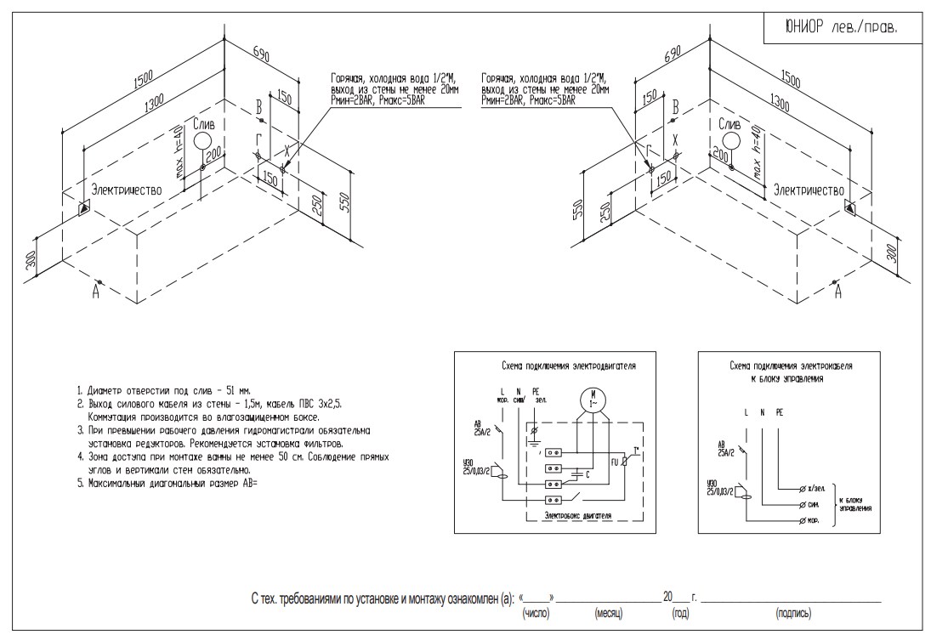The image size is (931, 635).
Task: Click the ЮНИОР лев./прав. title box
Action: point(839,27)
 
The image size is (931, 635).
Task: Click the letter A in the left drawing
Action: point(97,292)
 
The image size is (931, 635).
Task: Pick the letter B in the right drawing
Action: point(675,107)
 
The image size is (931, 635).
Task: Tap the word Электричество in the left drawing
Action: point(127,190)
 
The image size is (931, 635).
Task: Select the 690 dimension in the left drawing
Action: point(260,57)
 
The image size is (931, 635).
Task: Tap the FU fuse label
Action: point(616,462)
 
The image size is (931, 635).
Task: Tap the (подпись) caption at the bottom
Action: point(792,612)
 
